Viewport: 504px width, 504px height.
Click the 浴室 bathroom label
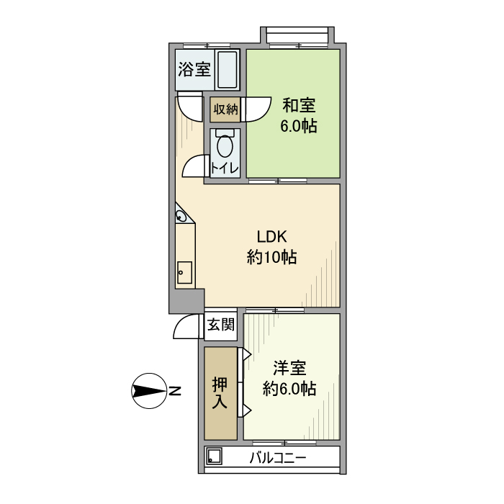[x=194, y=70]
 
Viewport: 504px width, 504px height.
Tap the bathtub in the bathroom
[x=228, y=70]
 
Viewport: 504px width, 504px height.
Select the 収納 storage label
[x=225, y=109]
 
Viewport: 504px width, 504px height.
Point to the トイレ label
[x=225, y=168]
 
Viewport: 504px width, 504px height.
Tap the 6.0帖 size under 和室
[x=298, y=126]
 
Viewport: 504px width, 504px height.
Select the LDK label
[x=272, y=236]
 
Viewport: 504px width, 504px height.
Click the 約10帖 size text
[x=272, y=257]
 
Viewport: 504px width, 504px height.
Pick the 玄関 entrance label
[x=221, y=325]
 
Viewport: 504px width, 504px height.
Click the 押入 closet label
[x=220, y=393]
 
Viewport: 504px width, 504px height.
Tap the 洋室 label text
[x=289, y=368]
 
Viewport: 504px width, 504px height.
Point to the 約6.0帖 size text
[x=289, y=389]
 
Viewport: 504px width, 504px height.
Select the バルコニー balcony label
[x=279, y=457]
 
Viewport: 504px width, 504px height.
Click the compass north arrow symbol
[x=149, y=392]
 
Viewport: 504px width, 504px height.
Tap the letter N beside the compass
[x=175, y=392]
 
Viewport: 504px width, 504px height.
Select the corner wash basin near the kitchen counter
[x=182, y=215]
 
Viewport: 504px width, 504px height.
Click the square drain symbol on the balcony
[x=214, y=456]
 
